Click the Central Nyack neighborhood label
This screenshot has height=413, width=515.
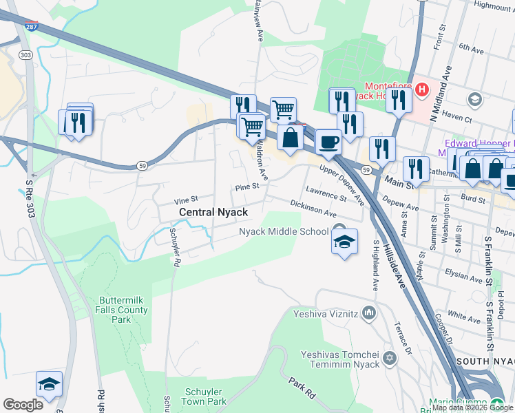click(213, 213)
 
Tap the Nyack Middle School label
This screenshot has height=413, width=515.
click(284, 231)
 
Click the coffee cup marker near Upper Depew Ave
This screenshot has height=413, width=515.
click(328, 142)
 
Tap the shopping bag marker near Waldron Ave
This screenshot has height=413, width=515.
click(290, 137)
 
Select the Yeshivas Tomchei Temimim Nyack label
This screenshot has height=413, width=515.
click(340, 359)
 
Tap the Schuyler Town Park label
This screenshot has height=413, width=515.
click(205, 396)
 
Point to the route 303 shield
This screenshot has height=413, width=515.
click(26, 54)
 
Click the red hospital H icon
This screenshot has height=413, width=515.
click(421, 89)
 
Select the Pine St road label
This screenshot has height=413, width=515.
click(246, 187)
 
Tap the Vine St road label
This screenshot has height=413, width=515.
click(185, 199)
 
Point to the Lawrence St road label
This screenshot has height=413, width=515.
click(326, 193)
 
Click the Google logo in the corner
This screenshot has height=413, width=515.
click(23, 405)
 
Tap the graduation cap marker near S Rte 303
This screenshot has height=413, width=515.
click(49, 385)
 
